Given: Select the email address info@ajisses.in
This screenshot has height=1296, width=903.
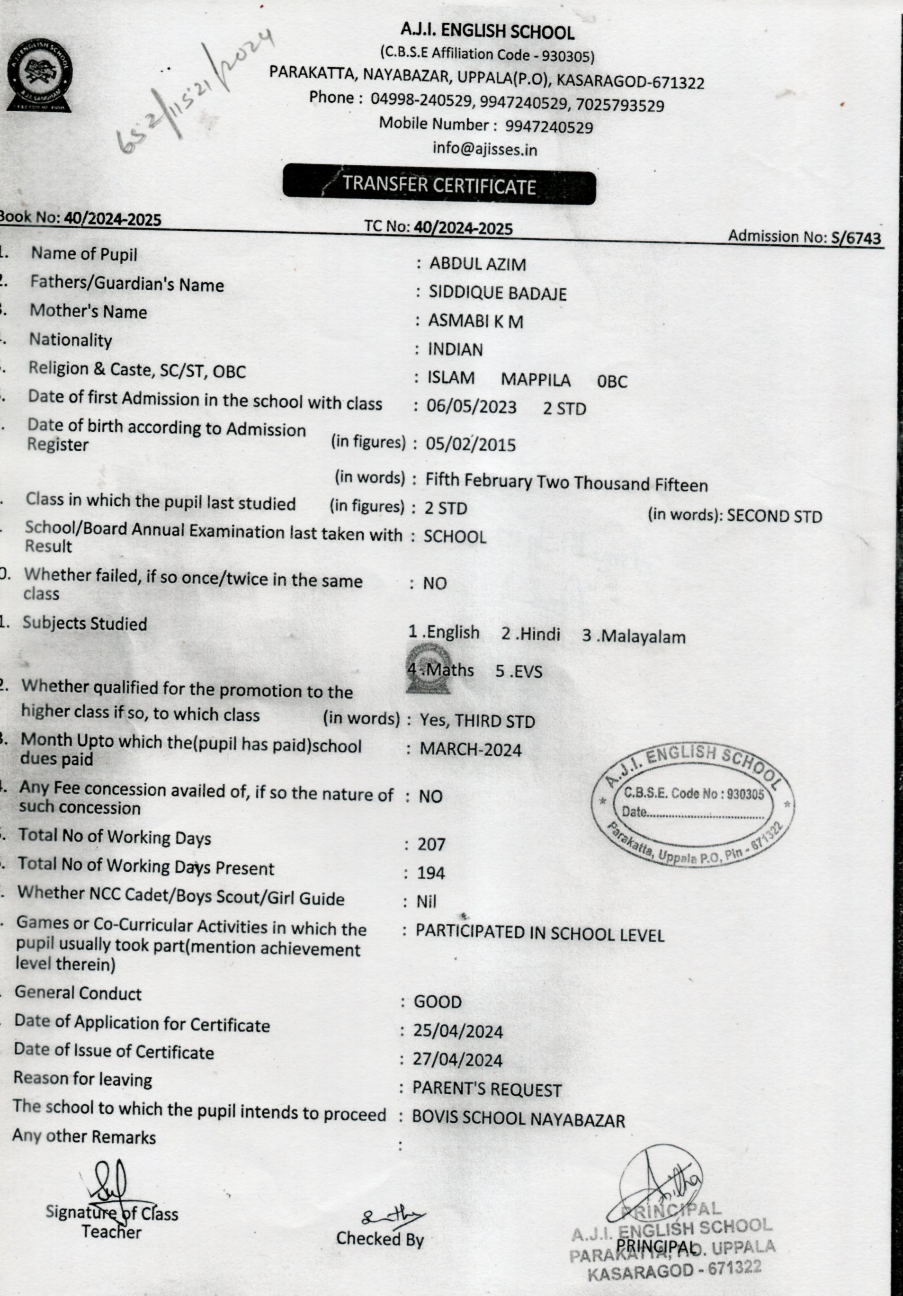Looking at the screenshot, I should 484,149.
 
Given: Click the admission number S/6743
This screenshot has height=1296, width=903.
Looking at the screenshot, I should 856,238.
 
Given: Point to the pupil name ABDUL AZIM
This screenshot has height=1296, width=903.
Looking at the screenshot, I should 477,264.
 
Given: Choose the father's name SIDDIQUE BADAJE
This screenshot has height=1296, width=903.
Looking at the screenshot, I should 497,293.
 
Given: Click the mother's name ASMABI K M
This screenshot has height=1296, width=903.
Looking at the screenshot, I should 475,321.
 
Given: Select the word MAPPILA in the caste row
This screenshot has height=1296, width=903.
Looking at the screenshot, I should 536,380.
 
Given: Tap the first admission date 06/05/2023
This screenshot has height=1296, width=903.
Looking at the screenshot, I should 471,407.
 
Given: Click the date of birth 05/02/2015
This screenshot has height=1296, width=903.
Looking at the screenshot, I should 471,445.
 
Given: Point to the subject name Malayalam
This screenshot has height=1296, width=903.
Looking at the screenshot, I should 642,637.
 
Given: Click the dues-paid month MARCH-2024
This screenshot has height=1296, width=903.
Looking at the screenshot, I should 471,750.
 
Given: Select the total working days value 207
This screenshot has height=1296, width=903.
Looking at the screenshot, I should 432,844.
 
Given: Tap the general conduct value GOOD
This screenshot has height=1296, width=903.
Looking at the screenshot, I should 438,1002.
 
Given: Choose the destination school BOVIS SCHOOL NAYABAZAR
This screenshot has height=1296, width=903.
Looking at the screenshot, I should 518,1120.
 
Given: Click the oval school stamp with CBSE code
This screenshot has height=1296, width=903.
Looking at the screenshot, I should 693,804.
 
